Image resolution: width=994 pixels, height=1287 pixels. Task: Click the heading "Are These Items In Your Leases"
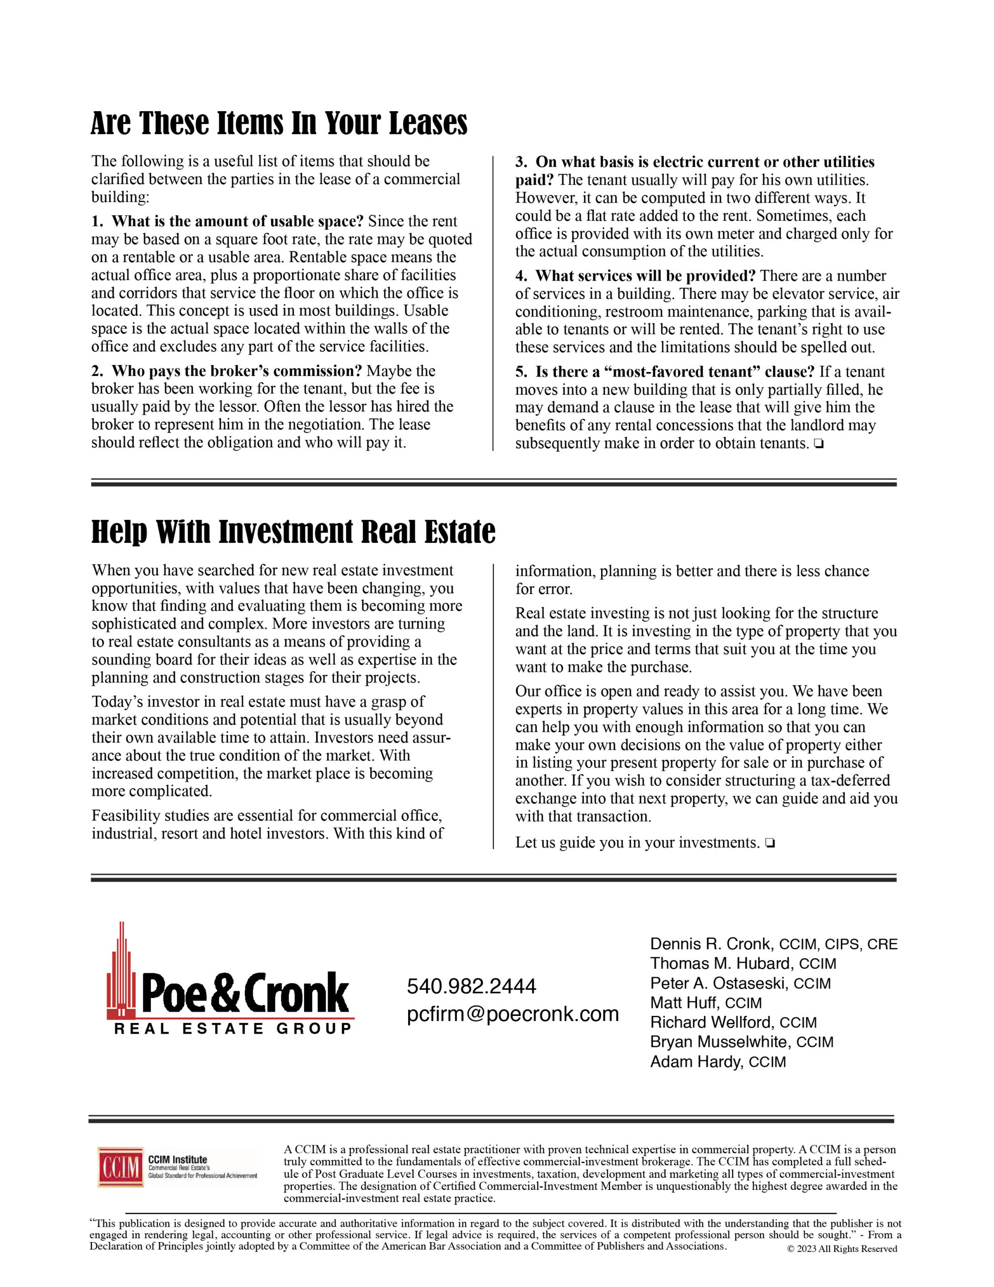tap(279, 124)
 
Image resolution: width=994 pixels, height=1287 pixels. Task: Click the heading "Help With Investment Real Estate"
tap(293, 532)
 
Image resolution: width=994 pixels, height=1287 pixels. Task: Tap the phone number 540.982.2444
tap(471, 986)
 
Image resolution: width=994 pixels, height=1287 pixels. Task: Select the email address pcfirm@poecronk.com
tap(513, 1014)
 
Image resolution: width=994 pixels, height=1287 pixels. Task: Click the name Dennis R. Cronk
tap(710, 944)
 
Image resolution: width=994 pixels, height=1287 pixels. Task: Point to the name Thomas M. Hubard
tap(720, 963)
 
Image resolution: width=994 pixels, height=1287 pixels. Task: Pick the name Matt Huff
tap(683, 1002)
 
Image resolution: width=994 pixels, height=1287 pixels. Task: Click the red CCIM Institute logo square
tap(121, 1167)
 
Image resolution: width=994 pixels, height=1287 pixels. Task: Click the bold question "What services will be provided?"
tap(645, 276)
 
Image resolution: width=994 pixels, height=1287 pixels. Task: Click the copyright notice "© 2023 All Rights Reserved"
tap(842, 1249)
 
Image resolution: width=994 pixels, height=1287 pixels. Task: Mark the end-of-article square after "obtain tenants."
tap(818, 444)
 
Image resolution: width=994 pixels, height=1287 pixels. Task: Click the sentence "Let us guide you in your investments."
tap(637, 843)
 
